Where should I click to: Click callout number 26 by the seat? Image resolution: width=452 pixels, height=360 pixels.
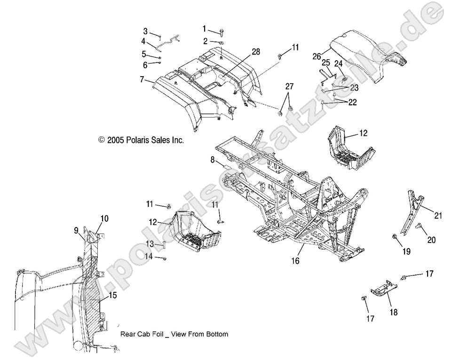[317, 56]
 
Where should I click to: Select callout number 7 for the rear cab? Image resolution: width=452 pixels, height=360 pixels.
[142, 80]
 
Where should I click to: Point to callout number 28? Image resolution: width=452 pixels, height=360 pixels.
[256, 52]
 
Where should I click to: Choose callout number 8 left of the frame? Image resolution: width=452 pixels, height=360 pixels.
[213, 160]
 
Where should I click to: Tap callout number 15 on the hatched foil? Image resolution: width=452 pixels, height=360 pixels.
[112, 296]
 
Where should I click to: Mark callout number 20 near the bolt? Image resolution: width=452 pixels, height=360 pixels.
[431, 240]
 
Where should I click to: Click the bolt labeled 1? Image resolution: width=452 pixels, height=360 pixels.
[221, 32]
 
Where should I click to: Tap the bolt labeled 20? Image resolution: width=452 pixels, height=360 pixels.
[418, 227]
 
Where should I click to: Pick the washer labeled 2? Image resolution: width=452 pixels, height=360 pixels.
[221, 43]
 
